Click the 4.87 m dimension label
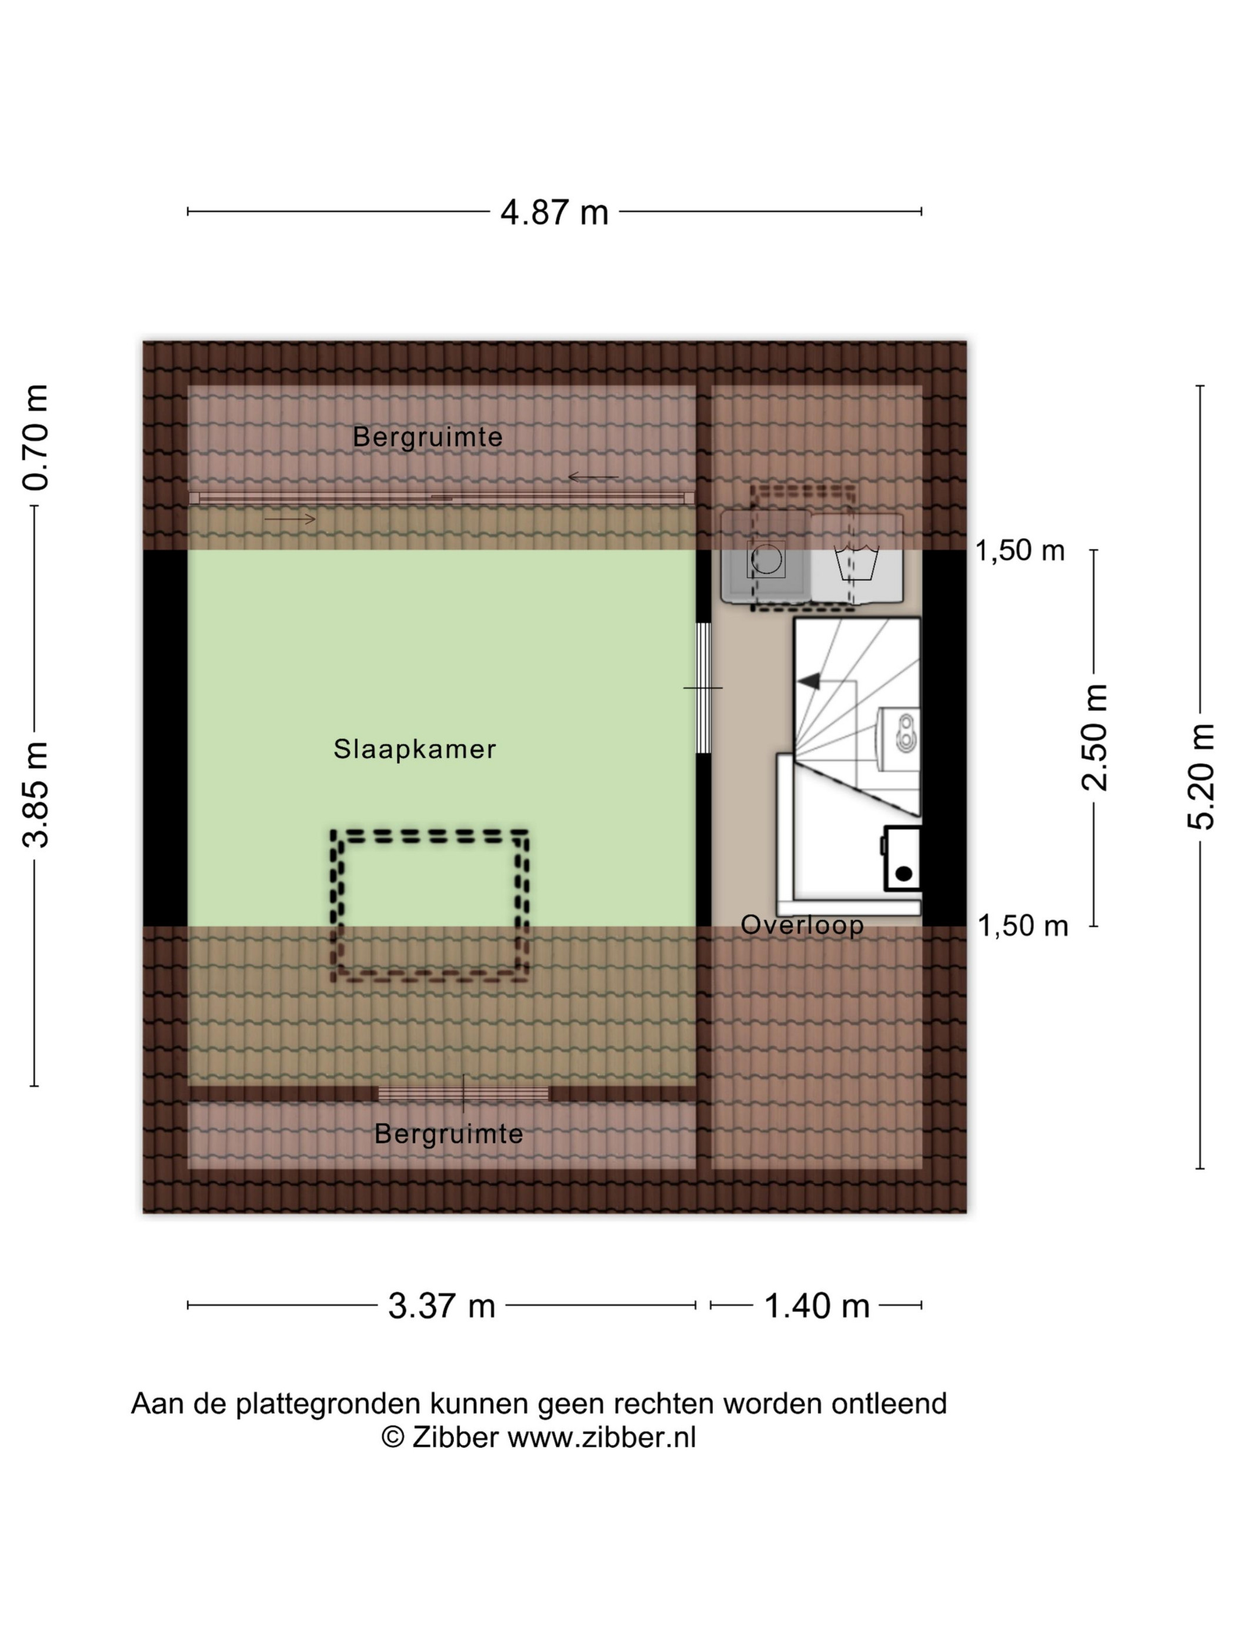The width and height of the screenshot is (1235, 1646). [554, 212]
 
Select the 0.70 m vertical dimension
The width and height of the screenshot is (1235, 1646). [35, 437]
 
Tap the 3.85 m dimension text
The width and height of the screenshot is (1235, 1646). [35, 794]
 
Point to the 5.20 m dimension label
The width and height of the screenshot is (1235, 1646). [1200, 776]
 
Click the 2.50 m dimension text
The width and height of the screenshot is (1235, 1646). [1094, 737]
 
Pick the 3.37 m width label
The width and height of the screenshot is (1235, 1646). [442, 1305]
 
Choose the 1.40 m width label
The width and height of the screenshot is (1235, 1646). [817, 1305]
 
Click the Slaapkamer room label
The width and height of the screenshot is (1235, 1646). [415, 748]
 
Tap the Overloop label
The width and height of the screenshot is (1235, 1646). [802, 924]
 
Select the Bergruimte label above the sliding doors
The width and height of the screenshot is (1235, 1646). [428, 437]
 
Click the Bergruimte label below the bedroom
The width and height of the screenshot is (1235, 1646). [448, 1133]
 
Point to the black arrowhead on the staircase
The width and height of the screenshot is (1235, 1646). [809, 680]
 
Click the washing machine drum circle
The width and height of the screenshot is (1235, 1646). [766, 560]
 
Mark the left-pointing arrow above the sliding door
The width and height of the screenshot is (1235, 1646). [593, 476]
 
